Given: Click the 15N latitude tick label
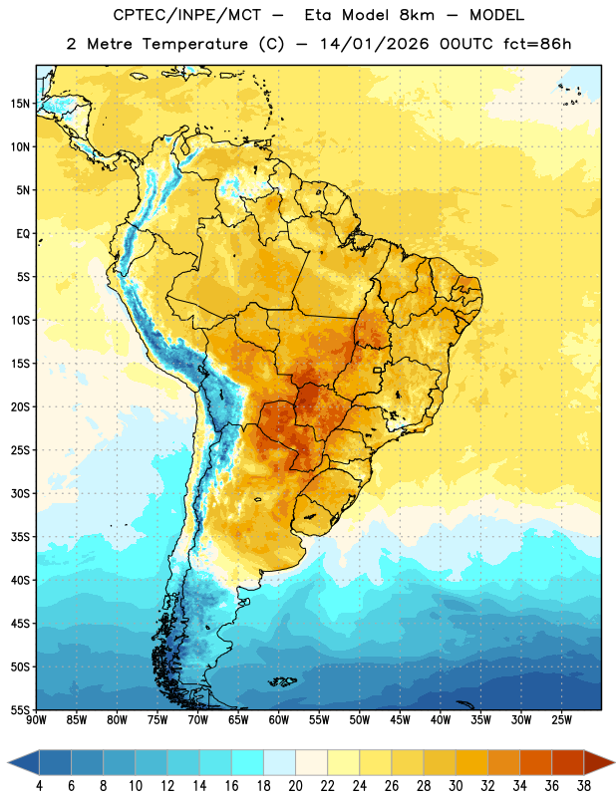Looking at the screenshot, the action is click(x=20, y=104).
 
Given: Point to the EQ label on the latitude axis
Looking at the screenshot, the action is click(x=23, y=234).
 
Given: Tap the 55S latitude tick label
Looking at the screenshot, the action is click(x=20, y=709).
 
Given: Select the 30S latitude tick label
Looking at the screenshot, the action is click(x=20, y=493).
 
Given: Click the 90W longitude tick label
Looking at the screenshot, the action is click(x=36, y=720).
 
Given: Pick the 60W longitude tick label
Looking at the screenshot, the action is click(x=279, y=720).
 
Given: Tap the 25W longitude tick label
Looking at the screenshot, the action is click(x=561, y=720).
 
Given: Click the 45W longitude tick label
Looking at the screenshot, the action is click(x=400, y=720).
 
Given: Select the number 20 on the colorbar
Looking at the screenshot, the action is click(x=295, y=786).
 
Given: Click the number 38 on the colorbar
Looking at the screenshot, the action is click(x=584, y=786).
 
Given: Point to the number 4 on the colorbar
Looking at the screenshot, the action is click(x=39, y=786).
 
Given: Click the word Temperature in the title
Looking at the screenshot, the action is click(x=194, y=44).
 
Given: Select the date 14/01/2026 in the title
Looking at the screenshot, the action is click(x=375, y=44).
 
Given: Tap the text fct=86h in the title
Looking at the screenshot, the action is click(x=537, y=44).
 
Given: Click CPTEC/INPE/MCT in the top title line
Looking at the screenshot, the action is click(x=186, y=15).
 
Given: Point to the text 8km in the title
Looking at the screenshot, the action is click(x=417, y=15).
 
